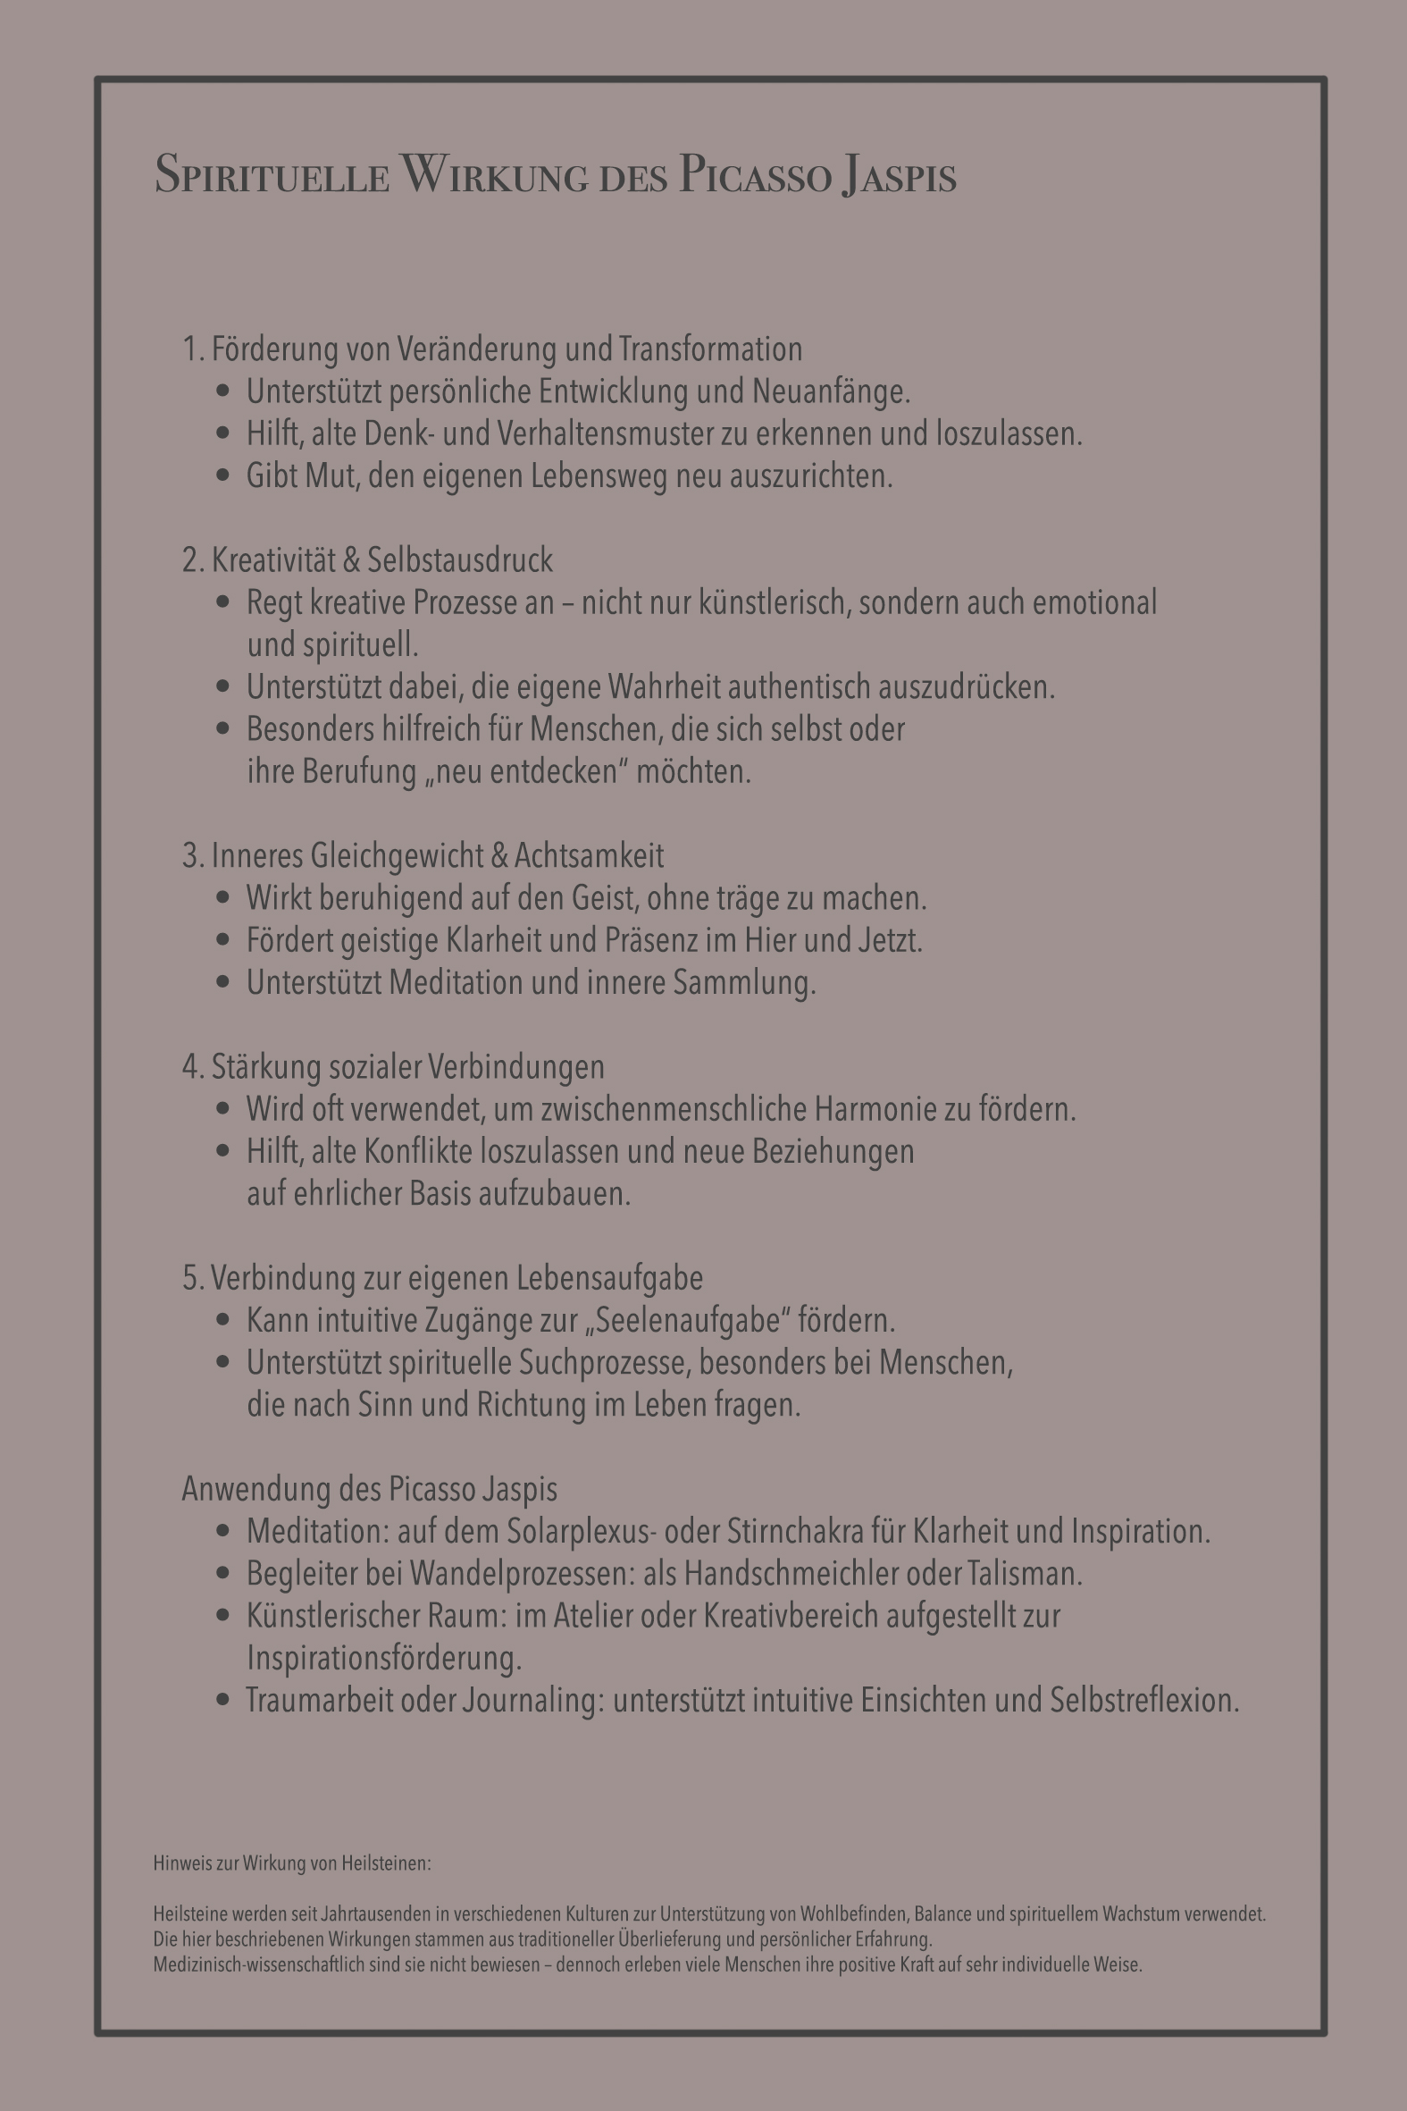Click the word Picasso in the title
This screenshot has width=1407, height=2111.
coord(755,174)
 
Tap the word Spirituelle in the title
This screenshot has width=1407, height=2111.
coord(272,174)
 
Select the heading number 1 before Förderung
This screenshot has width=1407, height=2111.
coord(190,349)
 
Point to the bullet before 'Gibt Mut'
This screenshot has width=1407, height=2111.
coord(223,475)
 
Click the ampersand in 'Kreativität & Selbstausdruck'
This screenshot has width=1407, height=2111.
coord(351,560)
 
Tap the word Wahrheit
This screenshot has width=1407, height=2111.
coord(663,686)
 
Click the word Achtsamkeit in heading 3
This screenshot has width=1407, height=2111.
coord(589,855)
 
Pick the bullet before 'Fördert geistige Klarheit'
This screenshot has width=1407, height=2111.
coord(223,940)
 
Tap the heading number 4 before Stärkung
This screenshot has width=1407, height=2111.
coord(190,1067)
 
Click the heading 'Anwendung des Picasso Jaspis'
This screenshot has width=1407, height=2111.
coord(369,1489)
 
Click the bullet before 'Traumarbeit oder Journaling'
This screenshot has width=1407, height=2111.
coord(223,1700)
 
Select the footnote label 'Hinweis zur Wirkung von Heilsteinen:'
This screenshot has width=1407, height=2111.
coord(291,1863)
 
